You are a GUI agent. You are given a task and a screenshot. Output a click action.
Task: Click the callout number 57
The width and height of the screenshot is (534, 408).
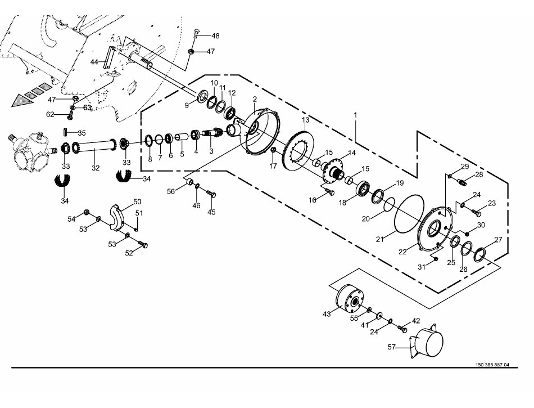(x=392, y=347)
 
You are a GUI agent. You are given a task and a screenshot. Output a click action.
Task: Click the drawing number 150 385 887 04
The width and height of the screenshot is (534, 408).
(x=492, y=365)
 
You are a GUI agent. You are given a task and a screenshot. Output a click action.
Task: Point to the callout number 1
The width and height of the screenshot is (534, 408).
(x=356, y=115)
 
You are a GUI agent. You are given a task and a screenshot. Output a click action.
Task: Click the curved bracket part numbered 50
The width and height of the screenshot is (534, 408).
(x=117, y=217)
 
